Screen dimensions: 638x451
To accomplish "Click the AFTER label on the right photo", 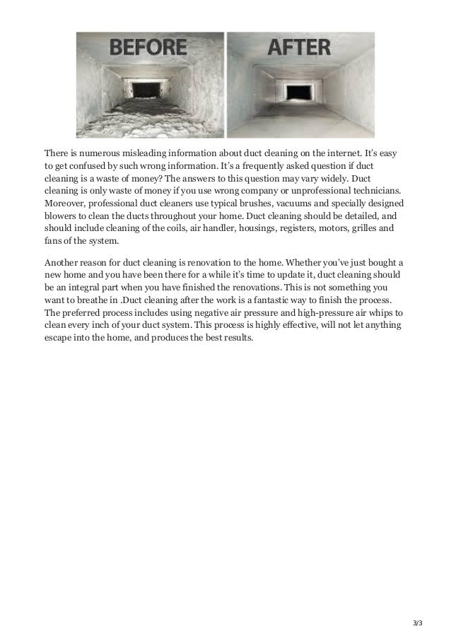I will [300, 49].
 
